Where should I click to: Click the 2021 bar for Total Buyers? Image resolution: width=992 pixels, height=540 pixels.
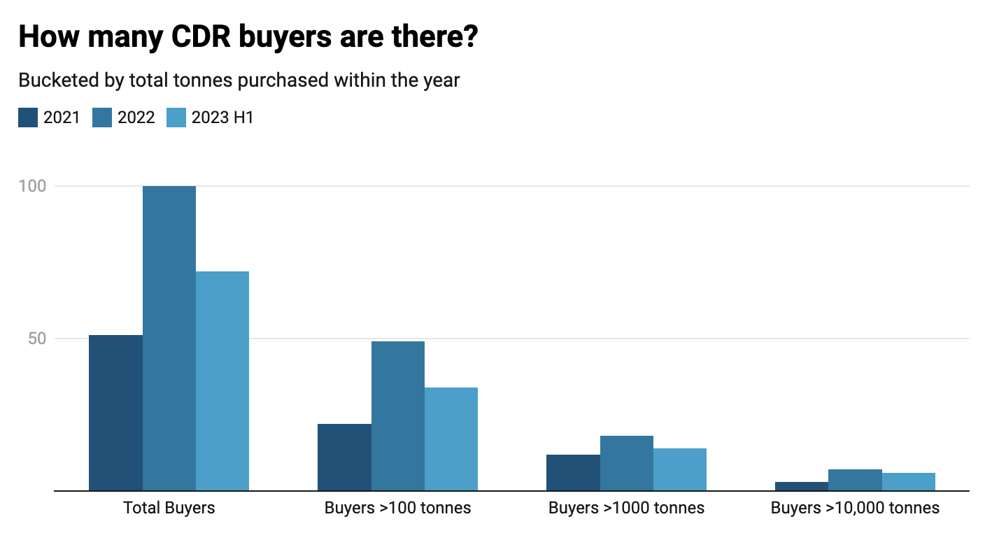tap(115, 413)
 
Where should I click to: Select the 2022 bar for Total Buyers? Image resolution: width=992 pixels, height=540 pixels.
tap(169, 339)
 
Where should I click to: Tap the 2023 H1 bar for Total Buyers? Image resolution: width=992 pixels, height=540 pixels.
tap(222, 381)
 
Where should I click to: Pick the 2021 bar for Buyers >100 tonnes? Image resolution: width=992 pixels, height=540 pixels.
tap(344, 457)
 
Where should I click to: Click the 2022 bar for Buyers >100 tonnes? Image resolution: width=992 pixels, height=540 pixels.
tap(398, 416)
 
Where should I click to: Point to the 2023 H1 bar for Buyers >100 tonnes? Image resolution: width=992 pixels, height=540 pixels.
tap(451, 439)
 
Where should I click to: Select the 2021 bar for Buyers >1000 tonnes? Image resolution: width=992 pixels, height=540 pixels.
tap(573, 473)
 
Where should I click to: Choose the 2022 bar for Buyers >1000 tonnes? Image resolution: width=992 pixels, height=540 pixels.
tap(627, 463)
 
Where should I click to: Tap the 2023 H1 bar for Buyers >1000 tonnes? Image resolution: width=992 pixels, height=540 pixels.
tap(680, 469)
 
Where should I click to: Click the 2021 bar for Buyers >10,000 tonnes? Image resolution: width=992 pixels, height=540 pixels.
tap(802, 486)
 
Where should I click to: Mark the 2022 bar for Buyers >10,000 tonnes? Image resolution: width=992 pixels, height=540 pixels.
tap(855, 480)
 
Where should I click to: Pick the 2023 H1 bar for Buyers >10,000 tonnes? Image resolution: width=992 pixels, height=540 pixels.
tap(909, 482)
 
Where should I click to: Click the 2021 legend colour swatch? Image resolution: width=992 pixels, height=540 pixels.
tap(28, 118)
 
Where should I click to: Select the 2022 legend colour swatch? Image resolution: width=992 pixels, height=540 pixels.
tap(102, 118)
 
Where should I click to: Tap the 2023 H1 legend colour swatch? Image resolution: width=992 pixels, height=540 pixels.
tap(176, 118)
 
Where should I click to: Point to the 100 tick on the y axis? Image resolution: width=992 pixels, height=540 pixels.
tap(32, 186)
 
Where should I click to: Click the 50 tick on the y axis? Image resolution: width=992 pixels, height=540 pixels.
tap(36, 339)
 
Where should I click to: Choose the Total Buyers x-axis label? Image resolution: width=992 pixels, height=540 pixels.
tap(169, 508)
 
